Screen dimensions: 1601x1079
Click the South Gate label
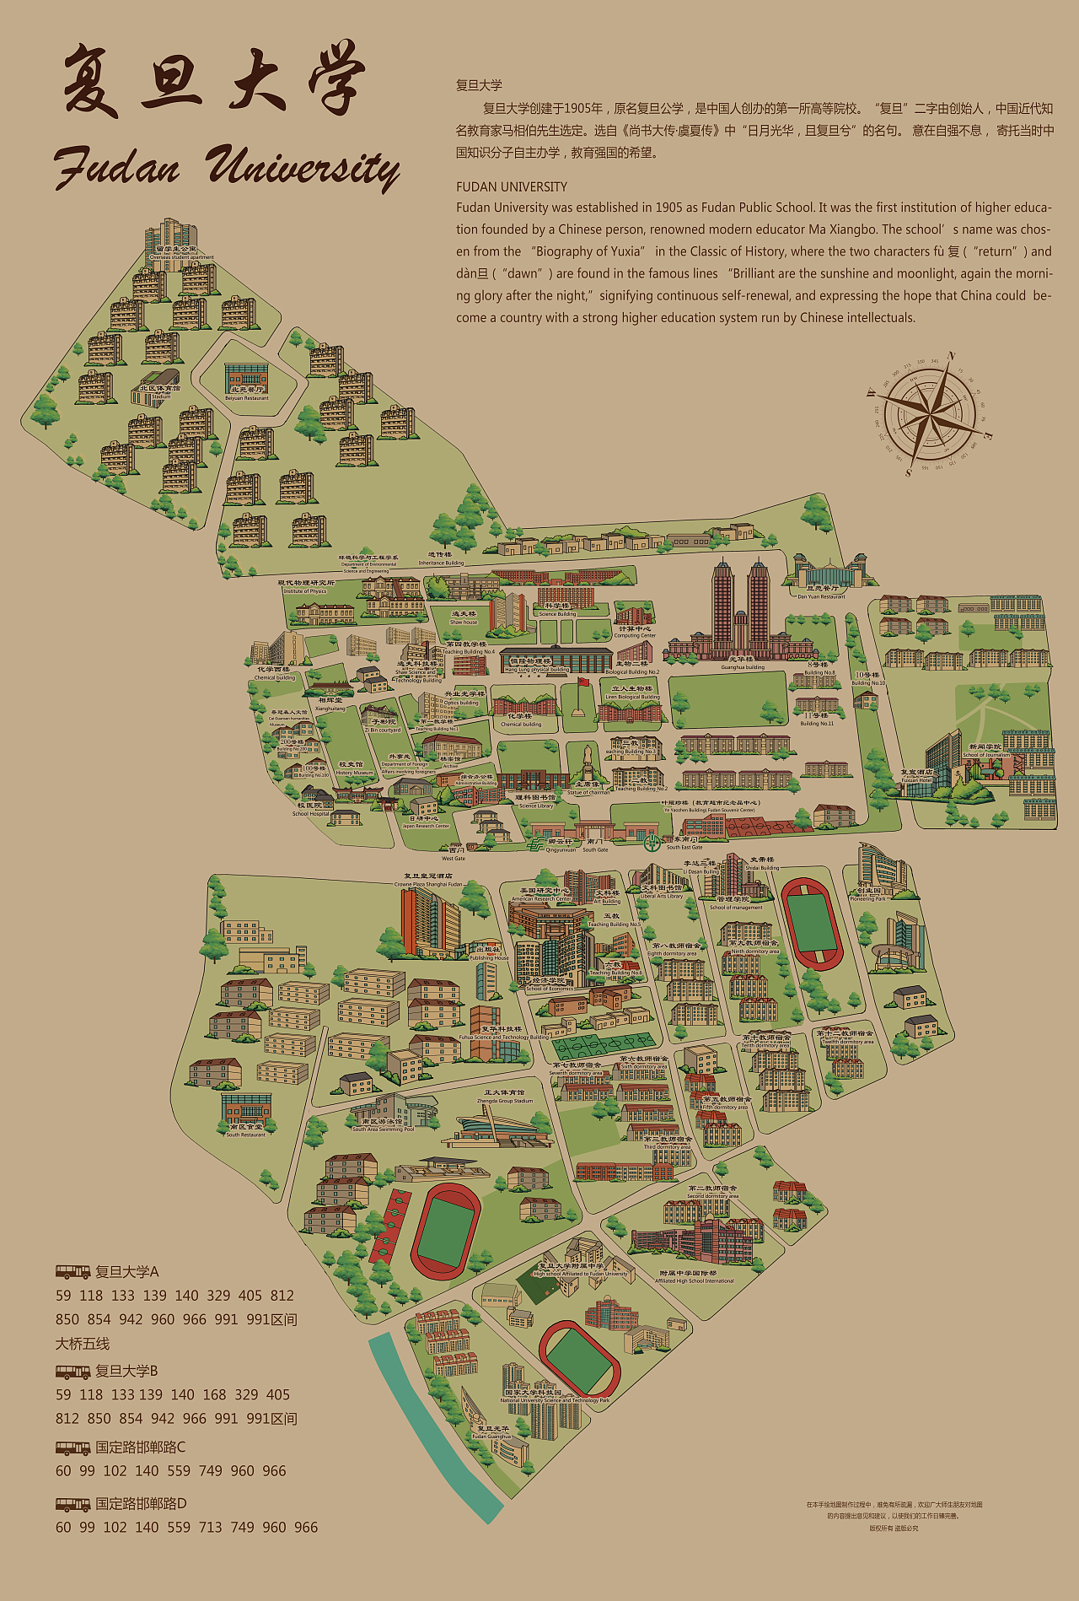[x=595, y=845]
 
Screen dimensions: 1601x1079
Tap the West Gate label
[x=454, y=854]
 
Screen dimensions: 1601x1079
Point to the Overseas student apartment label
[x=182, y=254]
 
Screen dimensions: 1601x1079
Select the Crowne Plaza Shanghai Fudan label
[x=428, y=881]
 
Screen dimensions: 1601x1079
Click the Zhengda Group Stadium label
[x=505, y=1097]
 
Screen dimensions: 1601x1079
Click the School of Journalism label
[x=985, y=751]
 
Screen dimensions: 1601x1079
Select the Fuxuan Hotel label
[x=916, y=776]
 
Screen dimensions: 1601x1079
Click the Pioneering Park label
[x=868, y=895]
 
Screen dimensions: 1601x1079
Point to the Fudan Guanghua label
[x=492, y=1432]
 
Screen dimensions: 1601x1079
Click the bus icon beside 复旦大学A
[x=72, y=1271]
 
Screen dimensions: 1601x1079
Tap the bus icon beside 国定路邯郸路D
[x=72, y=1504]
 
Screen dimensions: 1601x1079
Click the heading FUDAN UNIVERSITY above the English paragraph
[x=512, y=186]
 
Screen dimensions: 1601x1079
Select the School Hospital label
[x=310, y=810]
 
